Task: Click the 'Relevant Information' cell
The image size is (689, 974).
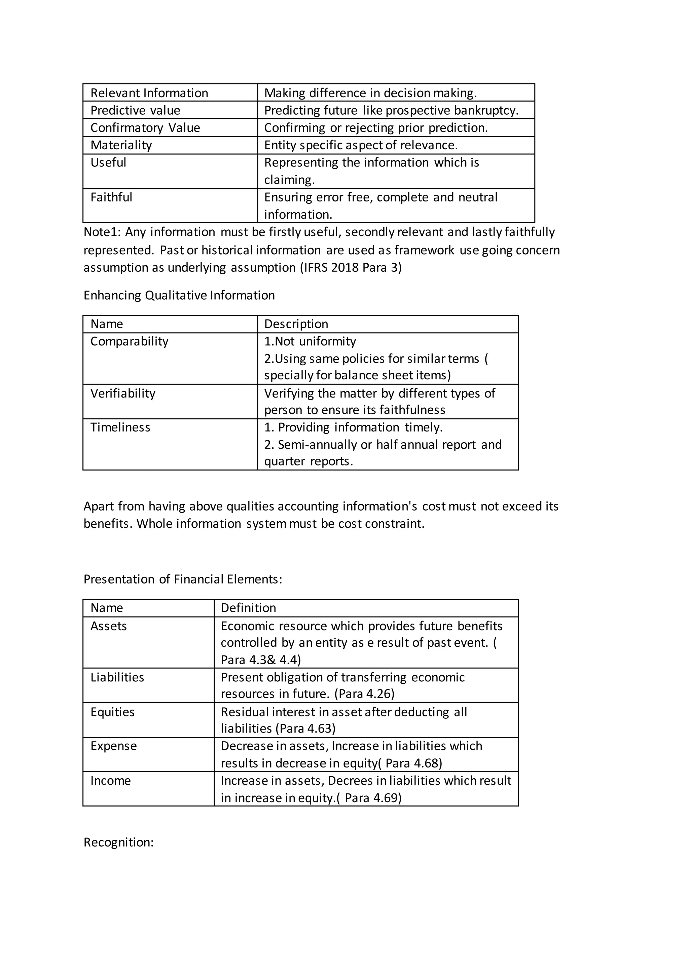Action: click(149, 93)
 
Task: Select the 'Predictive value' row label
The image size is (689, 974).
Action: click(135, 110)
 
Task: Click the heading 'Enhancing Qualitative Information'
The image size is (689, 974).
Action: click(179, 295)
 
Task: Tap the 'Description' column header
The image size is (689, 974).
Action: click(296, 324)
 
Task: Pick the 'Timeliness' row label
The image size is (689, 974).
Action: click(120, 427)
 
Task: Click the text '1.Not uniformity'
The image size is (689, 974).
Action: click(310, 341)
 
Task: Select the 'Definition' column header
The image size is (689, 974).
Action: click(248, 608)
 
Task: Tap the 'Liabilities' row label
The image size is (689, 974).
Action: click(117, 677)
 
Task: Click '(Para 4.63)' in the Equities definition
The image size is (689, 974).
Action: click(305, 729)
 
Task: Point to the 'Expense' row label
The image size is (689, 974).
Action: click(113, 746)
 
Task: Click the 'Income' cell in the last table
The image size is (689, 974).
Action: click(110, 781)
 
